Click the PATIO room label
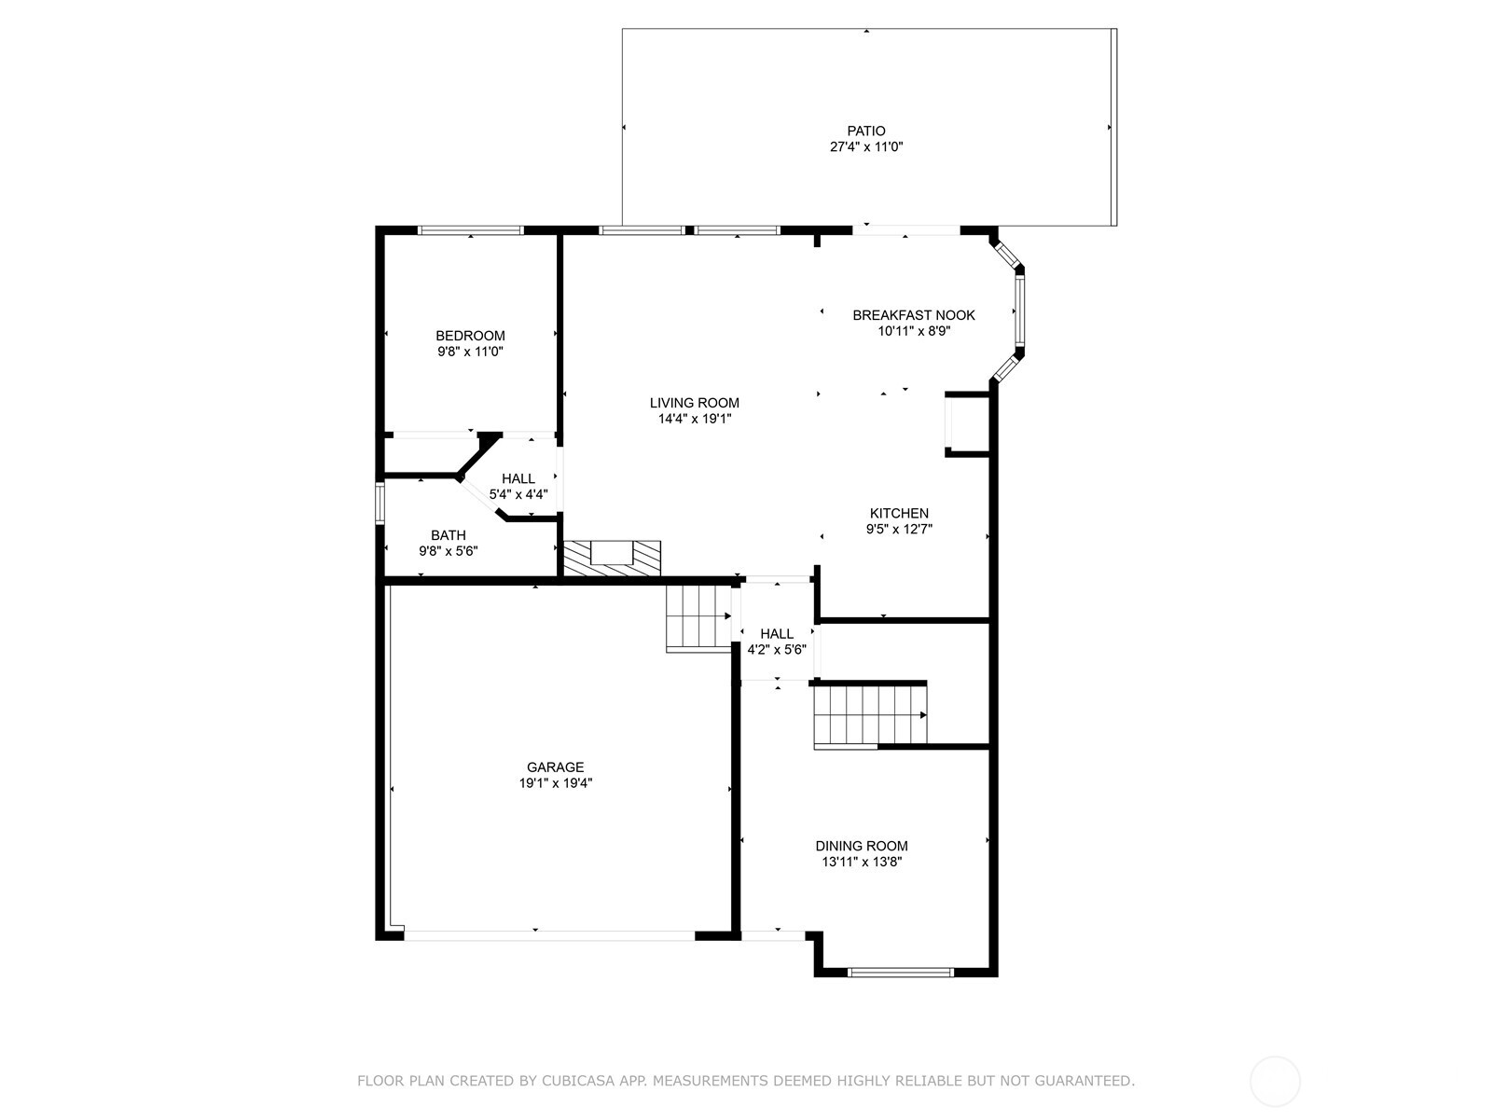click(866, 131)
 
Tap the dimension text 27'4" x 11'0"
click(866, 146)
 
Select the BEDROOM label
click(470, 336)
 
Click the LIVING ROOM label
click(694, 403)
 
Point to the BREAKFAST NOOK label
click(913, 315)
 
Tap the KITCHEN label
click(899, 513)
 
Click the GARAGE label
click(556, 767)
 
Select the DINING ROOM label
click(861, 846)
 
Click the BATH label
click(448, 535)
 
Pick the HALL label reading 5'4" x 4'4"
click(518, 478)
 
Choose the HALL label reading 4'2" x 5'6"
click(777, 633)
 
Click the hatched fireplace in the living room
click(611, 557)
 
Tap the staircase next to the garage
click(698, 616)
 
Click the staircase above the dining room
click(870, 715)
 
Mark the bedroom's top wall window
click(470, 229)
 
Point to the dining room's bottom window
click(901, 972)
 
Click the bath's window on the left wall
click(380, 502)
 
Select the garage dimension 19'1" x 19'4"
click(556, 783)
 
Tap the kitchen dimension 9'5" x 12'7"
click(899, 529)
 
